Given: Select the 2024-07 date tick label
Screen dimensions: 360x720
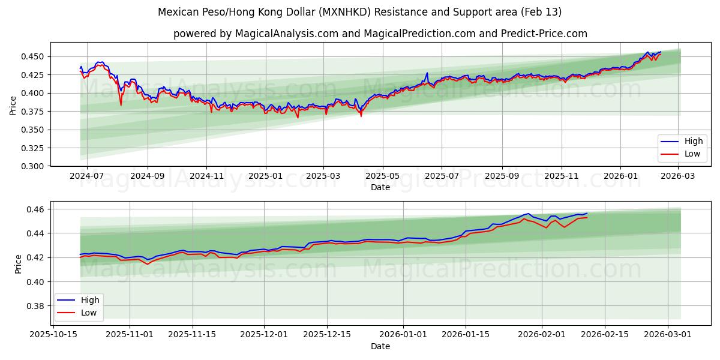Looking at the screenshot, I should click(87, 176).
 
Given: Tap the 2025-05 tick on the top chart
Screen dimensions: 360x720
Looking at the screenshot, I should click(383, 176).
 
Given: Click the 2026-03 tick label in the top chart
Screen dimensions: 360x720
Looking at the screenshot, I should click(679, 176).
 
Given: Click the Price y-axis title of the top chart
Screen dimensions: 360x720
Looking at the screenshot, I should click(13, 105).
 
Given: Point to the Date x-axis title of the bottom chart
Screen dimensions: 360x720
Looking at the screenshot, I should click(380, 346).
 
